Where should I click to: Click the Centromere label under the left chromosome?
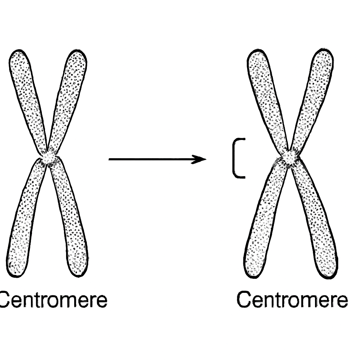pyautogui.click(x=53, y=300)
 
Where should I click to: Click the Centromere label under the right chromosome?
pyautogui.click(x=292, y=299)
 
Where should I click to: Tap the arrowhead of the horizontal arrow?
pyautogui.click(x=199, y=159)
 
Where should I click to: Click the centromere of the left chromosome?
pyautogui.click(x=49, y=158)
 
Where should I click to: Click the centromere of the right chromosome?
pyautogui.click(x=290, y=157)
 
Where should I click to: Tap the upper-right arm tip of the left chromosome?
pyautogui.click(x=78, y=51)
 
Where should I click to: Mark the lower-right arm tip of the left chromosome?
pyautogui.click(x=78, y=276)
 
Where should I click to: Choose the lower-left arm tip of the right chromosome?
pyautogui.click(x=254, y=277)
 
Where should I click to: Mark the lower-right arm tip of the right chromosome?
pyautogui.click(x=329, y=277)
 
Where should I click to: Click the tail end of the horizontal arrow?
pyautogui.click(x=109, y=159)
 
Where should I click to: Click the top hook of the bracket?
pyautogui.click(x=240, y=139)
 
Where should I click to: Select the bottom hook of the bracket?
pyautogui.click(x=240, y=177)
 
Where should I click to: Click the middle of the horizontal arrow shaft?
pyautogui.click(x=157, y=159)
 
